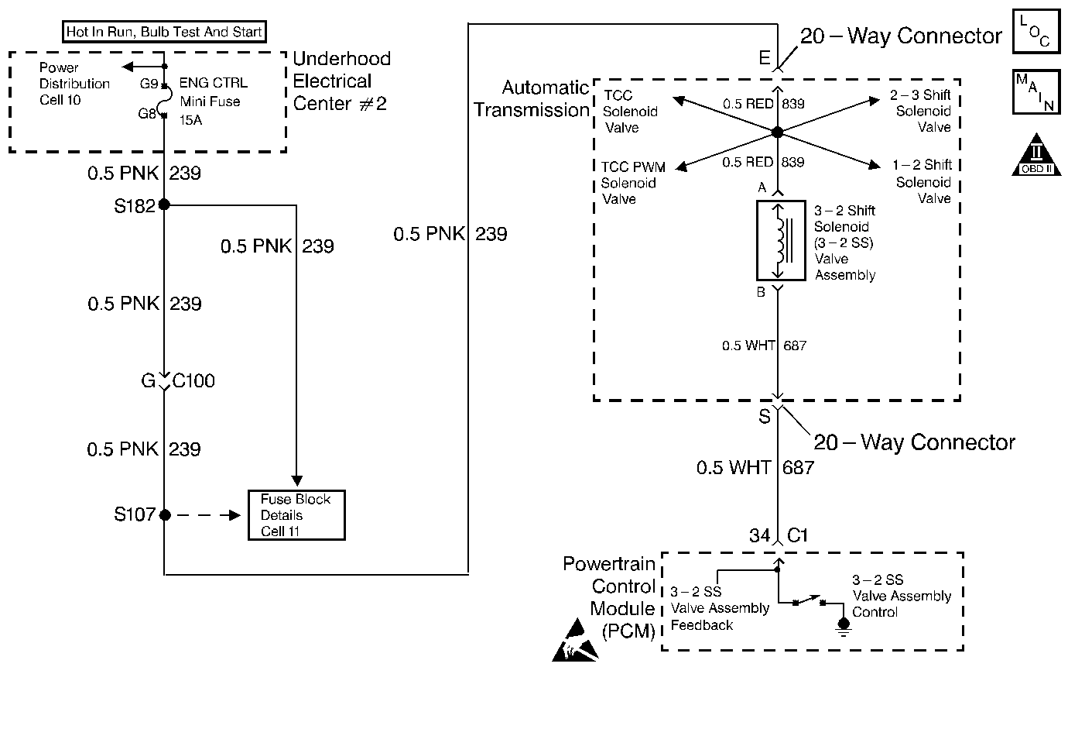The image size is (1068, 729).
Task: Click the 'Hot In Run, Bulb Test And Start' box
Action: click(164, 32)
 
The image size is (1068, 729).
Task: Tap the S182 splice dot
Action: click(164, 205)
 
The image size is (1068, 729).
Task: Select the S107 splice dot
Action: click(165, 514)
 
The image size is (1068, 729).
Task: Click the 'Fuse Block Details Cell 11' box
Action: click(296, 515)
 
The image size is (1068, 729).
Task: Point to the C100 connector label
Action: click(193, 381)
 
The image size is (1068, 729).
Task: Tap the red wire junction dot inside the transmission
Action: click(778, 132)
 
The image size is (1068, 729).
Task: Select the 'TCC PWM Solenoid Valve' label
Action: click(633, 183)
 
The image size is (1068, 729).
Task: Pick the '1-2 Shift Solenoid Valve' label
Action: click(922, 182)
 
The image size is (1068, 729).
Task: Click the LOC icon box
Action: click(1035, 31)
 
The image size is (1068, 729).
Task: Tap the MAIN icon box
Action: click(1035, 91)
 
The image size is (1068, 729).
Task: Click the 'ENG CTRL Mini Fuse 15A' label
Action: click(210, 101)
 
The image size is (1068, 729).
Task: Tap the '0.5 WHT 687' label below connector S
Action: click(755, 467)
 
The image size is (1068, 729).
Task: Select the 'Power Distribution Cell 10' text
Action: click(74, 84)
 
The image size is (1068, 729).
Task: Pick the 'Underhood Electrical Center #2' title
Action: click(341, 81)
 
